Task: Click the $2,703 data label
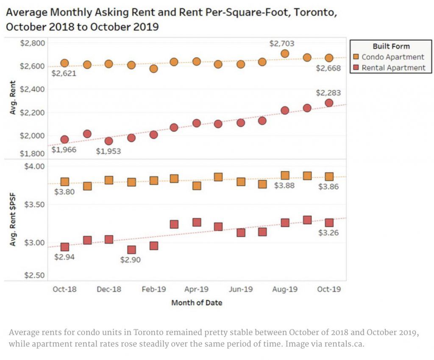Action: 282,43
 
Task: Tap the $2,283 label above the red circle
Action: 328,93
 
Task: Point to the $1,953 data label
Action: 108,151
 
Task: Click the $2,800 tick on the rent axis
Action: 33,43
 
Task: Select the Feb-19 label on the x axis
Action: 154,289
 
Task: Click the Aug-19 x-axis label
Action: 285,289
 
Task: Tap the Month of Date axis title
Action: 197,303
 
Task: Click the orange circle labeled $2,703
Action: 285,53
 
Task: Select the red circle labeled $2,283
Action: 329,103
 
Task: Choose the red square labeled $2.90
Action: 131,250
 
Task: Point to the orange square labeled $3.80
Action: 65,182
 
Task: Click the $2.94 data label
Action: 65,257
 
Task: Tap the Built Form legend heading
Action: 391,46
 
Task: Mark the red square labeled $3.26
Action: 329,223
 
